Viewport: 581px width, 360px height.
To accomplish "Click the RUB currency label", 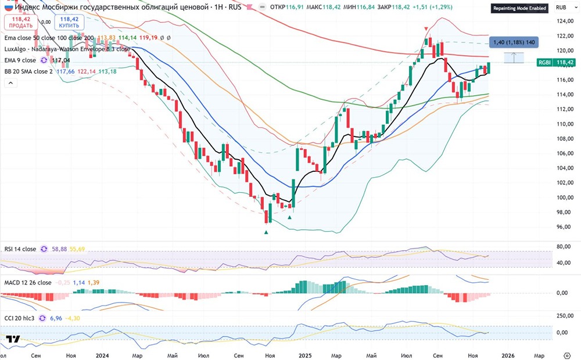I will pos(561,7).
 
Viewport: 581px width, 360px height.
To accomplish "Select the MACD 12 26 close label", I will pos(27,283).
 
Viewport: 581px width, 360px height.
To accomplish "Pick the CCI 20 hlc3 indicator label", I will pos(21,318).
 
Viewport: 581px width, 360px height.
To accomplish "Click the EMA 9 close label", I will pos(21,60).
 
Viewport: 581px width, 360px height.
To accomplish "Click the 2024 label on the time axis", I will pos(103,354).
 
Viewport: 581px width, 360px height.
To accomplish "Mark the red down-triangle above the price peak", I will pos(427,29).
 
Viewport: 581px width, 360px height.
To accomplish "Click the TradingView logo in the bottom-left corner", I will pos(13,339).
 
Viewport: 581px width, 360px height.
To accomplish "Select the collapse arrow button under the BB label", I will pos(10,84).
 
